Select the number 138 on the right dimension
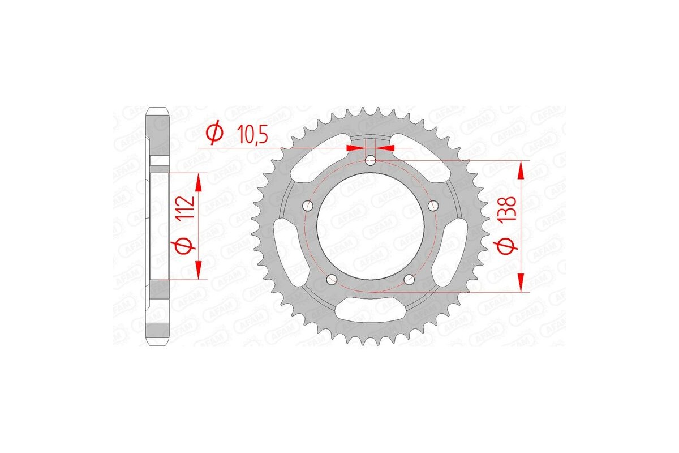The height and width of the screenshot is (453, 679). coord(508,210)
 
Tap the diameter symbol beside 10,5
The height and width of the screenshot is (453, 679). coord(215,134)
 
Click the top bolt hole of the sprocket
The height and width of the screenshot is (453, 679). coord(371,161)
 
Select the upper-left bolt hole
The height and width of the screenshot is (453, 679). coord(307,205)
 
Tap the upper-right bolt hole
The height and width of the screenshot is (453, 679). coord(434,204)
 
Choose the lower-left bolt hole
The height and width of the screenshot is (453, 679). coord(332,279)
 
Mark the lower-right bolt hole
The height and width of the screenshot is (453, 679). coord(410,279)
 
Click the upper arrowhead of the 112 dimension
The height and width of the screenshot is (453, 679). coord(199,182)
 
